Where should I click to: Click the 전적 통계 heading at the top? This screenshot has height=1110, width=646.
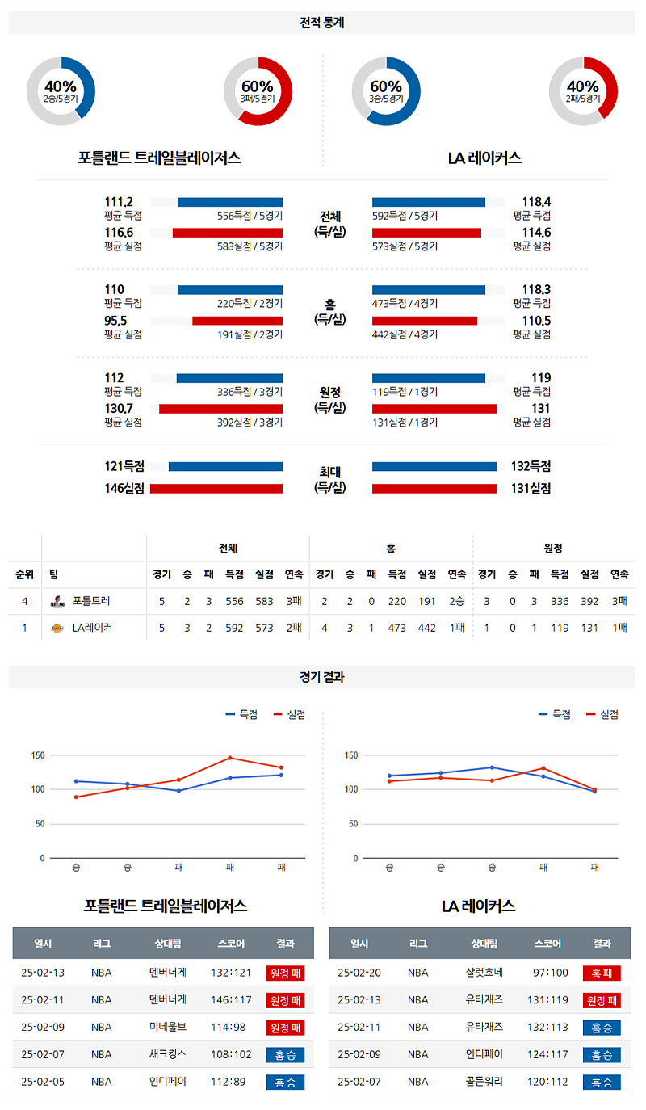point(321,23)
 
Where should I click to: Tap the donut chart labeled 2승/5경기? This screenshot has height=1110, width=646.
point(61,90)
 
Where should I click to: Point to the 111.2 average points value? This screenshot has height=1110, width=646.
point(119,202)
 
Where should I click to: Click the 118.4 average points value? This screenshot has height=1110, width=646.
point(535,202)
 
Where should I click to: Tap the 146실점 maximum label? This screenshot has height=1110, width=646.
point(124,488)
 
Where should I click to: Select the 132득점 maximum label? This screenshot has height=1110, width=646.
point(531,466)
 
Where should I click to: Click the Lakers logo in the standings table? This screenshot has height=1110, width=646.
point(57,628)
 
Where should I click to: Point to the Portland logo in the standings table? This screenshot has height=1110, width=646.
point(57,601)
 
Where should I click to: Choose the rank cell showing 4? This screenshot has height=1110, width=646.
point(24,601)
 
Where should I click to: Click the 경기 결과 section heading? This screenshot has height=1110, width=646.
point(321,677)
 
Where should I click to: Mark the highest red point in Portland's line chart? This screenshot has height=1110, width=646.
point(230,758)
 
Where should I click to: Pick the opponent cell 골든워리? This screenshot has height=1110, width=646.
point(484,1082)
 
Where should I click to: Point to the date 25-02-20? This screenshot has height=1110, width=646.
point(359,973)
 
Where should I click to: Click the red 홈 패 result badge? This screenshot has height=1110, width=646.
point(602,973)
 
